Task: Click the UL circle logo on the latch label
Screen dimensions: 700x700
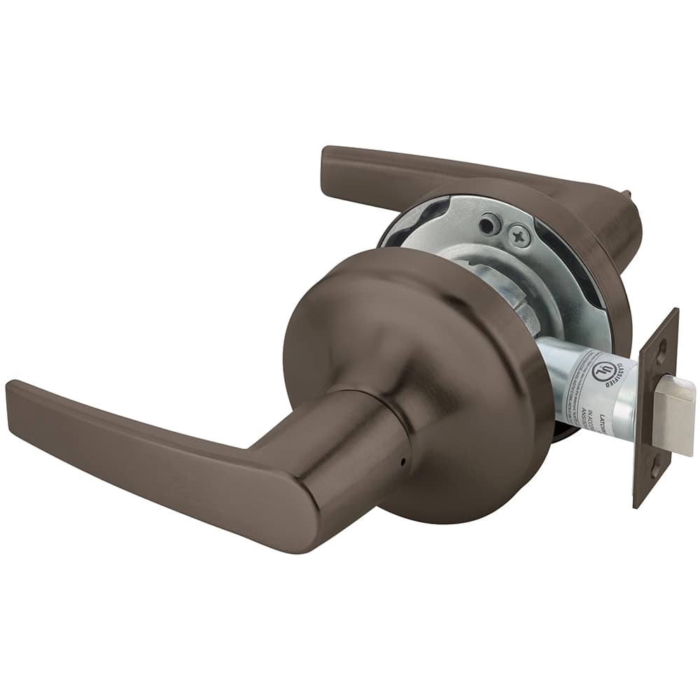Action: [603, 372]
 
